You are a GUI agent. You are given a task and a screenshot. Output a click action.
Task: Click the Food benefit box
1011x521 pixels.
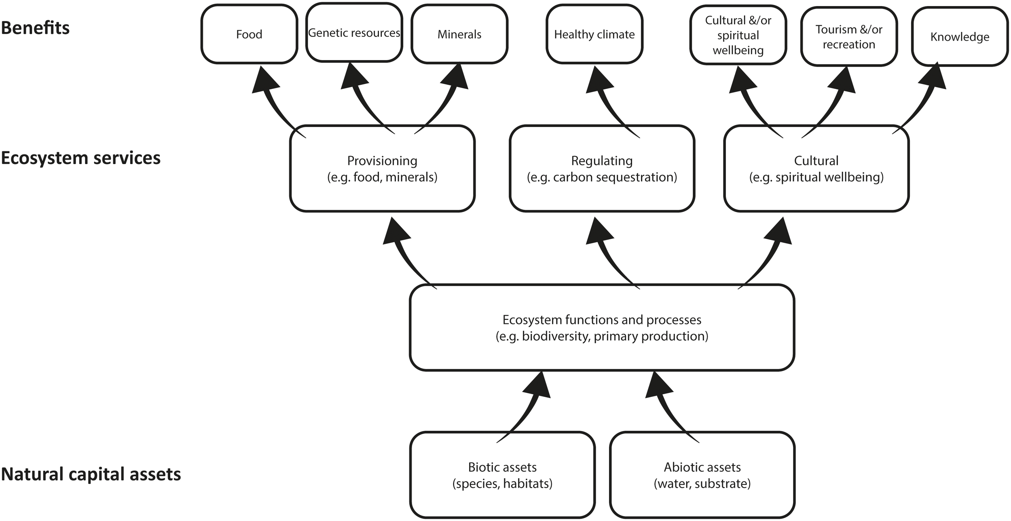coord(249,34)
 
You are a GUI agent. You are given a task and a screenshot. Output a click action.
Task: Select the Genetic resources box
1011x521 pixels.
coord(354,33)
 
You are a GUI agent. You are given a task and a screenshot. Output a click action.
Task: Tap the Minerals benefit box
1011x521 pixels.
coord(459,34)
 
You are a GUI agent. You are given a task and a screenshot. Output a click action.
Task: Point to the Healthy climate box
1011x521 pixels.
coord(594,34)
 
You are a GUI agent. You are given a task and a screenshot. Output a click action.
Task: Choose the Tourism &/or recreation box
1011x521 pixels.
coord(849,37)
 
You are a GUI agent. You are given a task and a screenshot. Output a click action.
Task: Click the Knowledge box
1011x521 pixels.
coord(960,37)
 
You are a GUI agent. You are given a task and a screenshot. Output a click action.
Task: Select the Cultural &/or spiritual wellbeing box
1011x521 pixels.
coord(738,35)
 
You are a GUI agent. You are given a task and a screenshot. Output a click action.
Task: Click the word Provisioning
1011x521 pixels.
coord(382,161)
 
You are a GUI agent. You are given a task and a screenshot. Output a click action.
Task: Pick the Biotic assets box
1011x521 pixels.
coord(502,475)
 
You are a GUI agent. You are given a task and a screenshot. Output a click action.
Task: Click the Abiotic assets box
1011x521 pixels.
coord(702,475)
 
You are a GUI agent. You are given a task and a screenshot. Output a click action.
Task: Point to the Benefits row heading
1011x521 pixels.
coord(35,28)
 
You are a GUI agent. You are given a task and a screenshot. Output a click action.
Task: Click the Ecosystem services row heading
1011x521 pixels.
coord(80,158)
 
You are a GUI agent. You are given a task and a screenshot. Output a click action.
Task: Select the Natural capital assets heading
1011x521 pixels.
coord(91,474)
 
